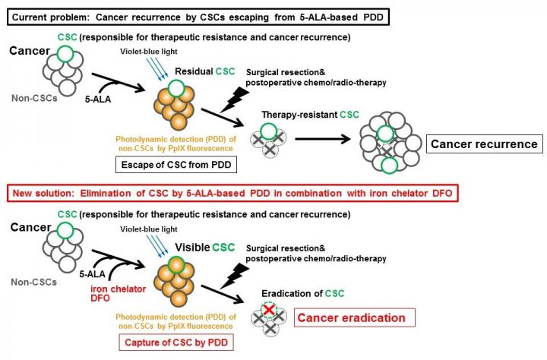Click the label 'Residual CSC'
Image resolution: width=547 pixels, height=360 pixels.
pyautogui.click(x=203, y=71)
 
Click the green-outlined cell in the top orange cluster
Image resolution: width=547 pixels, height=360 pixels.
pyautogui.click(x=181, y=90)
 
